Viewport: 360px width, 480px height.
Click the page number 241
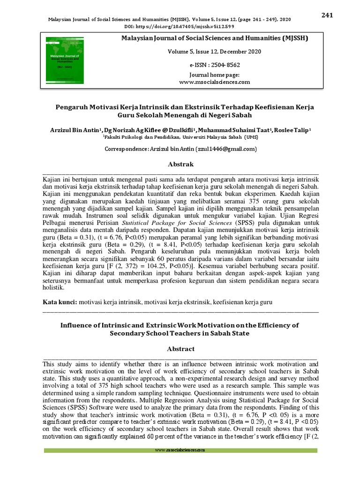(x=327, y=15)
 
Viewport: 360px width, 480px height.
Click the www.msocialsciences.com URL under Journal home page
(x=214, y=82)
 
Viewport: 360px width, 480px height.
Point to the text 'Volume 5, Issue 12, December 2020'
(x=214, y=52)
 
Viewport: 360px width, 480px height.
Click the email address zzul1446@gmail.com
(x=227, y=149)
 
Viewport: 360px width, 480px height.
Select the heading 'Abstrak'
(x=180, y=165)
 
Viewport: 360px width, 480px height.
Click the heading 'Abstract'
(x=180, y=349)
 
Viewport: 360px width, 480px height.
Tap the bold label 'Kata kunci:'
(x=60, y=303)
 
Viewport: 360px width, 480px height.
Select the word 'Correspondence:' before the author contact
(x=129, y=149)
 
